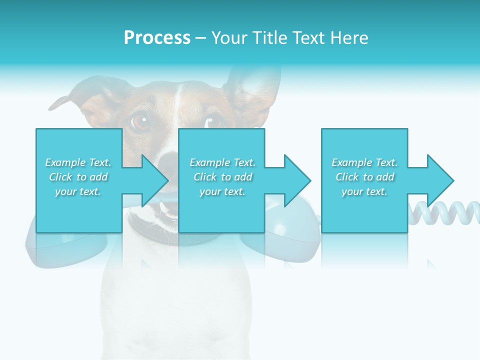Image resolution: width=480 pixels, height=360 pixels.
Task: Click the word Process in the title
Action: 157,38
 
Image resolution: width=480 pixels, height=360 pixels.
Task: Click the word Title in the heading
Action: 268,38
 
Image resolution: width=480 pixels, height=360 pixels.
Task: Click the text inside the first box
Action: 78,177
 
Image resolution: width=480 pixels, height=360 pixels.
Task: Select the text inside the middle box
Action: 222,177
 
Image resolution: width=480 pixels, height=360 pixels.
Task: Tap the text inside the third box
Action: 364,177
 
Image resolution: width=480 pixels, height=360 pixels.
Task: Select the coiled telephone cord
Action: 445,212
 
